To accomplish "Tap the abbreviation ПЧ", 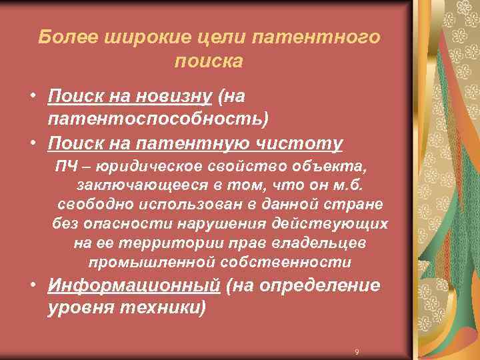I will pos(66,165).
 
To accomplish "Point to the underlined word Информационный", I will pos(133,286).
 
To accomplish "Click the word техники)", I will pos(160,309).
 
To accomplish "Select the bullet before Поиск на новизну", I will pos(32,97).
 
